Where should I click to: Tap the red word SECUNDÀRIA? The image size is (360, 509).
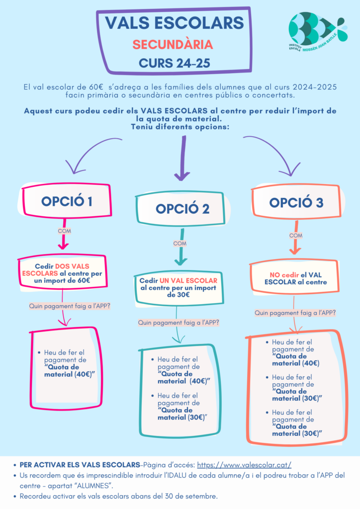[x=173, y=45]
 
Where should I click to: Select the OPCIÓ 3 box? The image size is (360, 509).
[x=295, y=202]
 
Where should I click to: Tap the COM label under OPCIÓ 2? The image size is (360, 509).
[x=180, y=244]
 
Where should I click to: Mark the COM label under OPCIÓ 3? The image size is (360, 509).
[x=295, y=235]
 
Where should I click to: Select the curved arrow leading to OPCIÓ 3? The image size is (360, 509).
[x=273, y=154]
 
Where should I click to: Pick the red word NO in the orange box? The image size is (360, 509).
[x=276, y=274]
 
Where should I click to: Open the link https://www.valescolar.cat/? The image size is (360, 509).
[x=244, y=465]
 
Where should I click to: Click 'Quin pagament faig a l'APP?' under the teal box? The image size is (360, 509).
[x=179, y=323]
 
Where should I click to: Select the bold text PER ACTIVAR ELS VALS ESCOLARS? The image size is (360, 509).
[x=80, y=465]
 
